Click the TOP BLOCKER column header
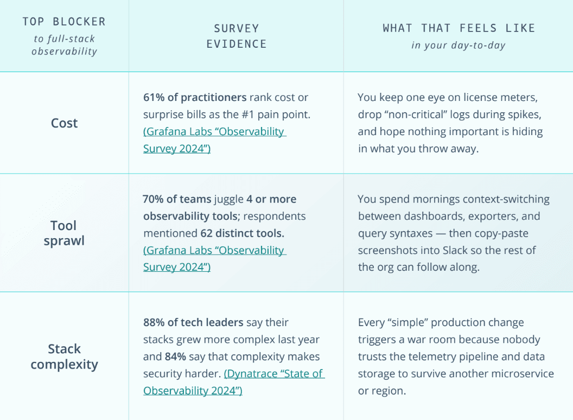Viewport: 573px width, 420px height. point(64,22)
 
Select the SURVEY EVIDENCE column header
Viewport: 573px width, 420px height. point(236,36)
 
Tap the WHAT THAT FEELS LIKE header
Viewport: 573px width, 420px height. point(459,28)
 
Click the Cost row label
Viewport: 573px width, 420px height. point(64,123)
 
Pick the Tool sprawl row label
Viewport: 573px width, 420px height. point(64,233)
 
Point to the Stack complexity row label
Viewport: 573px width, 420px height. point(64,357)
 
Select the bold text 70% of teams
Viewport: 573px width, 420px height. point(176,199)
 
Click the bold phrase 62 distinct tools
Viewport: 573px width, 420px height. point(242,233)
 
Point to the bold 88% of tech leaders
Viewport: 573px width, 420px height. point(193,322)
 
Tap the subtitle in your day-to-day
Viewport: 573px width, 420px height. point(458,45)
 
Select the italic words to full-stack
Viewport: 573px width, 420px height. point(64,39)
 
